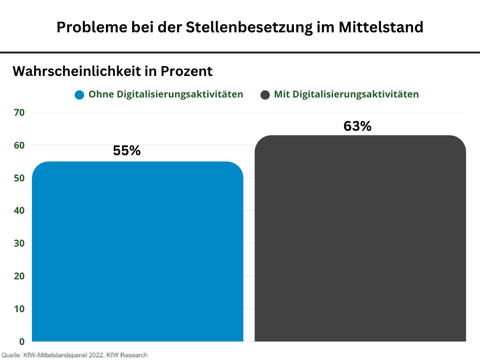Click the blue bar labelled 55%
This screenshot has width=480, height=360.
coord(138,251)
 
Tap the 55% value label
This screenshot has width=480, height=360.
coord(127,151)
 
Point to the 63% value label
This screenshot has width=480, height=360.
coord(357,126)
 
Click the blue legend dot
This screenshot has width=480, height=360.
coord(79,95)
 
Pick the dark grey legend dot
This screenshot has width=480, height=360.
coord(265,95)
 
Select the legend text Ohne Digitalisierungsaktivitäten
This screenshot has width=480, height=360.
coord(166,94)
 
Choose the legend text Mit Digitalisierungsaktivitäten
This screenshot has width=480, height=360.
coord(346,94)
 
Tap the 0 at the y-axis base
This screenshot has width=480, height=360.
coord(22,341)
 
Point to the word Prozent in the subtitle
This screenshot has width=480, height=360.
coord(187,71)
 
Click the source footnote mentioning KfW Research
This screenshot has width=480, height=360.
coord(75,355)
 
